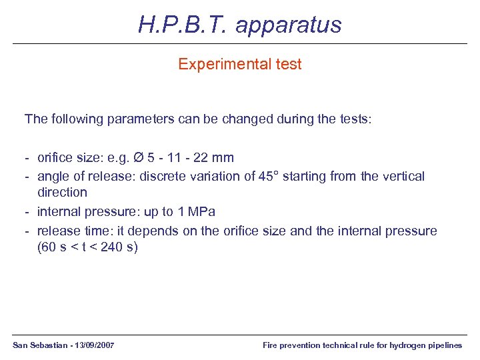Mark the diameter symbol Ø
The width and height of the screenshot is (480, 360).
139,158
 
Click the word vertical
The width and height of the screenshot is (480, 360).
402,176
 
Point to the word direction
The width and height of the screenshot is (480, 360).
62,192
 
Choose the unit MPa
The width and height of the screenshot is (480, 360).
201,212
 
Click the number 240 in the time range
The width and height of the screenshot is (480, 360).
112,247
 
